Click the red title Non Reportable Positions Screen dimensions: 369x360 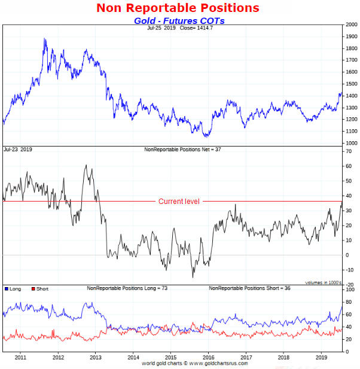pos(178,8)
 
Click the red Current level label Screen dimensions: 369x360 pos(179,202)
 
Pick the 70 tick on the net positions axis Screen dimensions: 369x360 pos(347,151)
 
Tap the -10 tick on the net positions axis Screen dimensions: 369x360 pos(349,270)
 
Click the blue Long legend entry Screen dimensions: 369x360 pos(13,289)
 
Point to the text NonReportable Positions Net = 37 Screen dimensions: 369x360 pos(183,149)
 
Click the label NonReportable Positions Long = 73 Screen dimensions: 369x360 pos(127,288)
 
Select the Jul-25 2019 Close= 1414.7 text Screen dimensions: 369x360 pos(179,28)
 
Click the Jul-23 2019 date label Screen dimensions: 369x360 pos(18,149)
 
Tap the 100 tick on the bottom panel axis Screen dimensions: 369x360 pos(349,289)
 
